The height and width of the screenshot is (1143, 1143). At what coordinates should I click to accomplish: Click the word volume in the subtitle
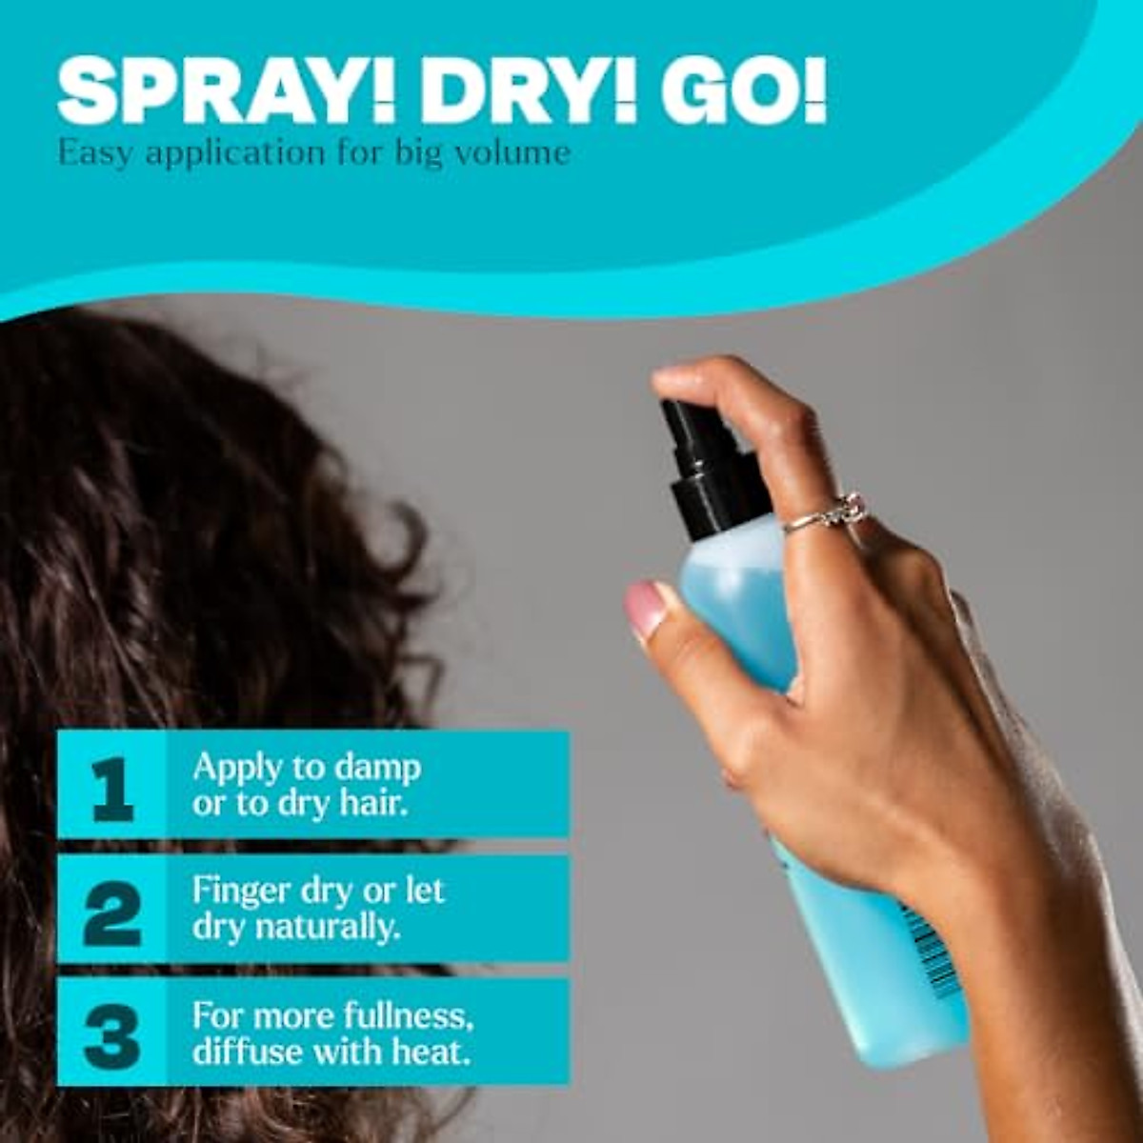pos(514,152)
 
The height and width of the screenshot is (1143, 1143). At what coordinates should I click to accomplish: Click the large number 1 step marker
pos(112,786)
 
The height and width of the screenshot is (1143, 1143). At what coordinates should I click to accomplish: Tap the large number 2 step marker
pos(112,910)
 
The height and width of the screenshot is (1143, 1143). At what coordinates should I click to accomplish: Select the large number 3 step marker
pos(112,1033)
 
